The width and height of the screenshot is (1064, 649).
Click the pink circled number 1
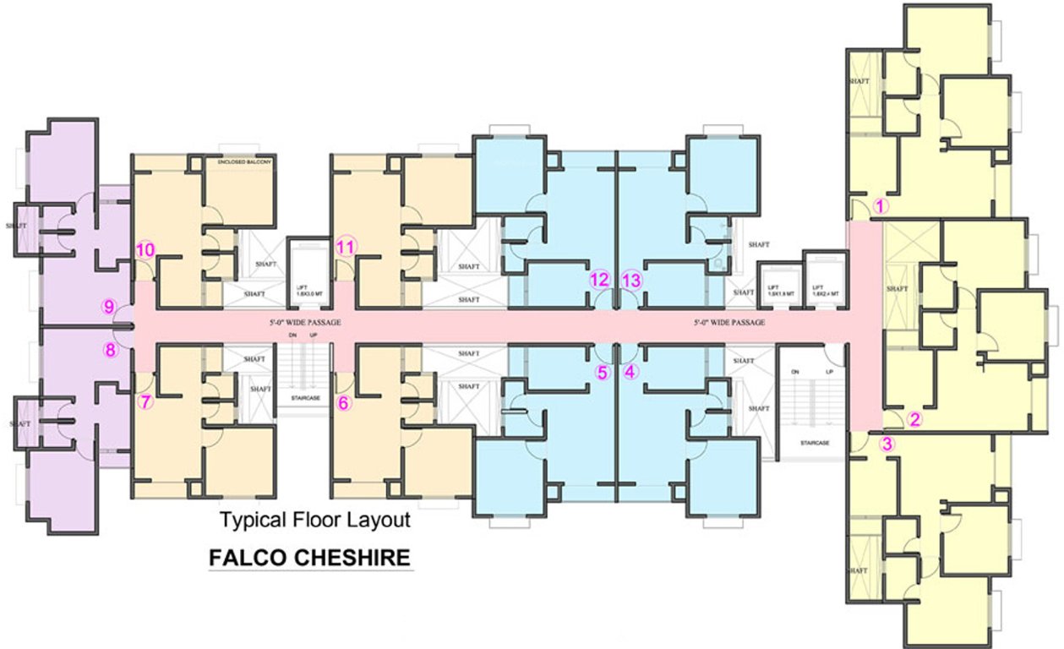click(x=879, y=205)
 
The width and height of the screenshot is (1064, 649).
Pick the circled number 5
click(x=602, y=371)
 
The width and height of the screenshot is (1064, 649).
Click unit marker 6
click(x=344, y=403)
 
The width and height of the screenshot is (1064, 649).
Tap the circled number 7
click(x=145, y=402)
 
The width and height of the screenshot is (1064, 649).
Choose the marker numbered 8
click(x=110, y=350)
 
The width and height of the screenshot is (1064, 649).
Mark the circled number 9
click(x=109, y=308)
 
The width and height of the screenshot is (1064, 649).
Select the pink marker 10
click(x=145, y=249)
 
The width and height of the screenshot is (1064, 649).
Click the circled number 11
click(x=345, y=248)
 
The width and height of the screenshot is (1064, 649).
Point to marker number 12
click(x=599, y=279)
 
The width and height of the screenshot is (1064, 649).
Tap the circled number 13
click(x=631, y=279)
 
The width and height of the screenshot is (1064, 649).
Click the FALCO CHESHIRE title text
click(x=309, y=558)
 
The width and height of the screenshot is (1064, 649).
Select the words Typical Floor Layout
click(x=315, y=520)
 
